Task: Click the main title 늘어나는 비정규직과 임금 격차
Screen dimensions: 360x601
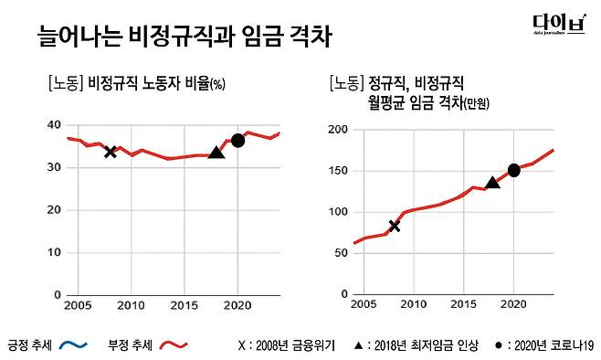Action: (x=184, y=37)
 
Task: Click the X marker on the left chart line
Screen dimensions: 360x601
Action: (x=111, y=151)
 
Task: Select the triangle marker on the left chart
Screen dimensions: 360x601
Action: (x=216, y=153)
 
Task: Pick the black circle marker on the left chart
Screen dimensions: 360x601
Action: (x=237, y=140)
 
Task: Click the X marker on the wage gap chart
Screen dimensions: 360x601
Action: (x=395, y=226)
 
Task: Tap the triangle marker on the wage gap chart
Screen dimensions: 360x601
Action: (x=492, y=183)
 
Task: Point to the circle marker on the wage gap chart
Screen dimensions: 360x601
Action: (x=514, y=170)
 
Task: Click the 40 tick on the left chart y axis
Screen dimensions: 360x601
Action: (x=53, y=125)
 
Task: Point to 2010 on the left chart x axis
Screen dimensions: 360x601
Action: (x=132, y=303)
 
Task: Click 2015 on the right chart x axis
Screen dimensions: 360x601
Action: (x=464, y=303)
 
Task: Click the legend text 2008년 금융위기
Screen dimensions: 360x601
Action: (x=293, y=345)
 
